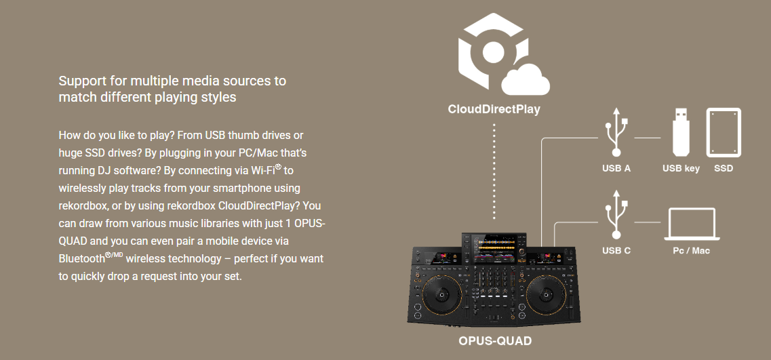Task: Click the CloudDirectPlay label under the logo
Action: (494, 109)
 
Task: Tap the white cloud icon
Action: (526, 79)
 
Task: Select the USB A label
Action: (616, 168)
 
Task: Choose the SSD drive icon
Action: (724, 132)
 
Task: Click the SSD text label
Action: (724, 168)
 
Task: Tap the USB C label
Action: (616, 251)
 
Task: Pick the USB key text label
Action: (681, 168)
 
